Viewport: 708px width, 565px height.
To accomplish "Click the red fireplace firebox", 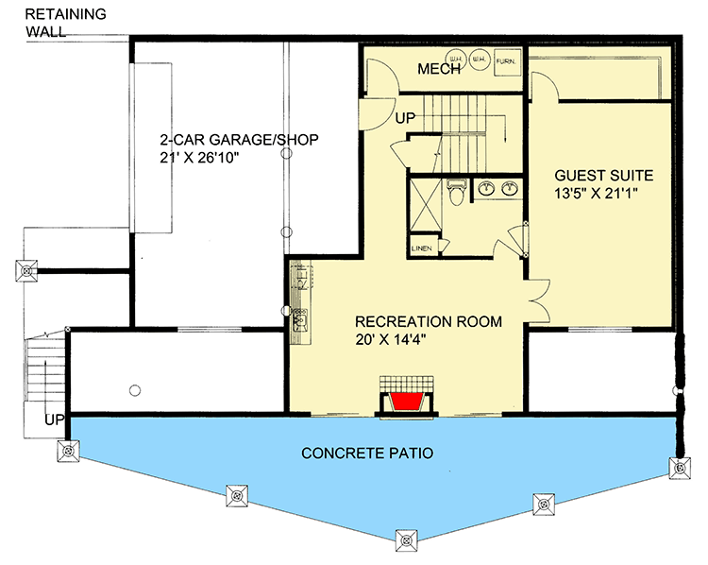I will point(405,402).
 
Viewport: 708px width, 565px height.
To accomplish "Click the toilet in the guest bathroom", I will point(456,192).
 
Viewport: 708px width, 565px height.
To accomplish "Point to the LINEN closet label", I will point(421,248).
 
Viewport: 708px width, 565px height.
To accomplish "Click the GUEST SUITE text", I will point(603,175).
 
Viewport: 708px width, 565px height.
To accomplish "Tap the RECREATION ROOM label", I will point(428,321).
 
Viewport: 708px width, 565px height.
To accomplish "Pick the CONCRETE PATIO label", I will point(367,454).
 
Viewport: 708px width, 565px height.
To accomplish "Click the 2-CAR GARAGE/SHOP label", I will point(239,140).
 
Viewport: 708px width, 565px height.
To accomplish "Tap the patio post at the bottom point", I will point(406,541).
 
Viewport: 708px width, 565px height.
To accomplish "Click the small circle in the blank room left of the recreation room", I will point(135,389).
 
